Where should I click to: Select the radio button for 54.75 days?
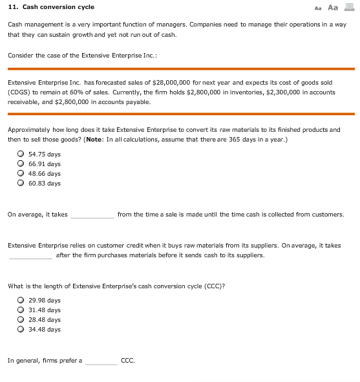point(21,154)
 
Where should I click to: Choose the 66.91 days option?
point(21,164)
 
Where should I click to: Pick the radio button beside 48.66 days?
point(21,173)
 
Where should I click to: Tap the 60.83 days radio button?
point(21,183)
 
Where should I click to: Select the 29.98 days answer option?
point(21,300)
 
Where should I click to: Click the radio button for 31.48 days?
point(21,310)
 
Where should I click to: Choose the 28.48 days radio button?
point(21,319)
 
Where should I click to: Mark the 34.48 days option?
point(21,329)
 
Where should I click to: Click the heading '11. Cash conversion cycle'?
point(50,7)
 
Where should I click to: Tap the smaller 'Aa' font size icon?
point(317,8)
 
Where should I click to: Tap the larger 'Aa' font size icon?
point(333,7)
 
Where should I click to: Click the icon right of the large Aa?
point(349,7)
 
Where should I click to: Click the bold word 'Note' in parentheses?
point(94,139)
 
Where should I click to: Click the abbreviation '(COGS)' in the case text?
point(20,92)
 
